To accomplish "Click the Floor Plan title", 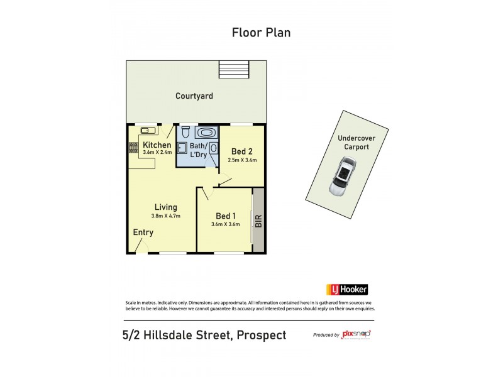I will click(261, 33).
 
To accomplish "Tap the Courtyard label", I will click(194, 96).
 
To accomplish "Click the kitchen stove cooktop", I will click(133, 148).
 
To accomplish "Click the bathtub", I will click(206, 133).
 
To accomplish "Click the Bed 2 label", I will click(242, 151).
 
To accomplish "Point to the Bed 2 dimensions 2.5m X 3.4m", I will click(242, 160).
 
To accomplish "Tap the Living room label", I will click(166, 207).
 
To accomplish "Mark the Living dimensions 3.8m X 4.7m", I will click(166, 216).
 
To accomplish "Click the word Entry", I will click(143, 232).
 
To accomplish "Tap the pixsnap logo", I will click(356, 334).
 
